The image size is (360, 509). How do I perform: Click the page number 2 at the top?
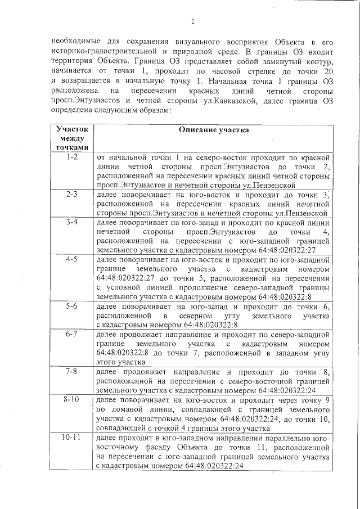tap(192, 22)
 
